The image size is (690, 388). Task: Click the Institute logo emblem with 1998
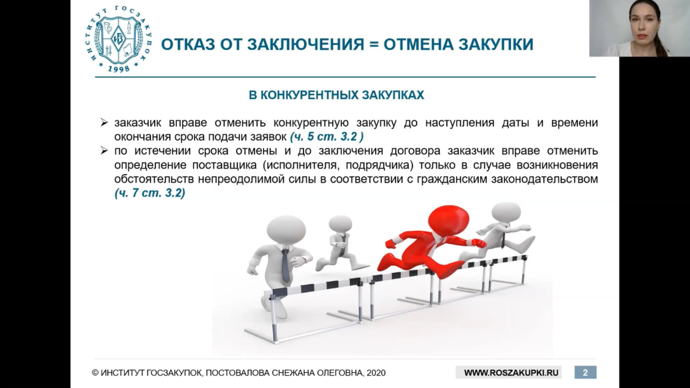click(x=123, y=39)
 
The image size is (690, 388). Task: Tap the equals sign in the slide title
click(x=374, y=44)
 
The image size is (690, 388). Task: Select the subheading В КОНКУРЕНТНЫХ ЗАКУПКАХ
click(x=336, y=95)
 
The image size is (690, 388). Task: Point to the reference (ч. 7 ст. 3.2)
click(x=150, y=193)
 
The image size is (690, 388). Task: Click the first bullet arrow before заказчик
click(x=104, y=123)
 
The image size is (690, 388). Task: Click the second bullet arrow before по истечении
click(x=104, y=151)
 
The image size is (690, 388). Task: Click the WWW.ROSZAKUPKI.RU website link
click(x=511, y=373)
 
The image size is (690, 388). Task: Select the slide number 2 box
click(x=585, y=373)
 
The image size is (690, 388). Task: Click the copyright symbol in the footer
click(x=95, y=373)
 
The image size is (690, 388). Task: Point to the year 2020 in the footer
click(x=376, y=373)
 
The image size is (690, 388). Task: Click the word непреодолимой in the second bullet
click(x=242, y=179)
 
